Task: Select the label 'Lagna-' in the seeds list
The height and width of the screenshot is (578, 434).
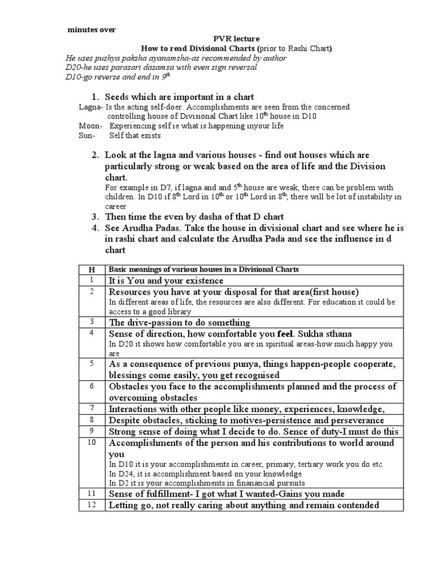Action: click(x=90, y=107)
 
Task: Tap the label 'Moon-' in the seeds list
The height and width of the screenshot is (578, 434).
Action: click(x=90, y=126)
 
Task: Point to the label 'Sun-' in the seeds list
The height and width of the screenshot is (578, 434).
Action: click(x=87, y=135)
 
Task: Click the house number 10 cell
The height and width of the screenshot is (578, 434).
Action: click(x=92, y=443)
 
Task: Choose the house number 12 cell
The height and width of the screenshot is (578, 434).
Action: click(x=92, y=505)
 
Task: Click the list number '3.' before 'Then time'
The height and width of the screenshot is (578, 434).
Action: click(x=96, y=217)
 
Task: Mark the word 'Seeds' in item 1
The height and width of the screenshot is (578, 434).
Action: click(x=117, y=97)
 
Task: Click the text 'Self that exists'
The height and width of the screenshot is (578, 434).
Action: click(x=135, y=135)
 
